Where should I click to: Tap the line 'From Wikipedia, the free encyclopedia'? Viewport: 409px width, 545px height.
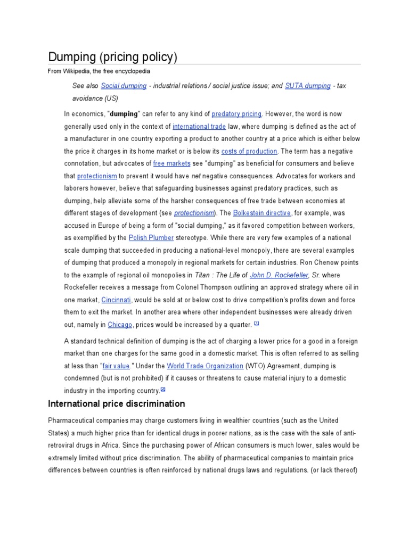coord(99,71)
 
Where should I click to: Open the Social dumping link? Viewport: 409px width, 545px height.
coord(124,86)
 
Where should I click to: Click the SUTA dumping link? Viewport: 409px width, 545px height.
coord(308,86)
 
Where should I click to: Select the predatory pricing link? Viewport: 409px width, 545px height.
coord(236,113)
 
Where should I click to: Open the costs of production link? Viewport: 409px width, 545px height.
coord(249,151)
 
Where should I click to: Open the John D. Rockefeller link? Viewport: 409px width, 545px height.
coord(280,275)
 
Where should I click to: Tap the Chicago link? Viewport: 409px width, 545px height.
coord(120,324)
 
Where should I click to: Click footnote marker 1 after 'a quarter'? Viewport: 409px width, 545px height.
coord(256,323)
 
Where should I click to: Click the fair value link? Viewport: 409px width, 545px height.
coord(116,366)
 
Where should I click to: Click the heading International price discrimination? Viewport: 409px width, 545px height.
coord(117,404)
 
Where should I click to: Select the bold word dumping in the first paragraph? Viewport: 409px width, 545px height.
coord(124,113)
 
